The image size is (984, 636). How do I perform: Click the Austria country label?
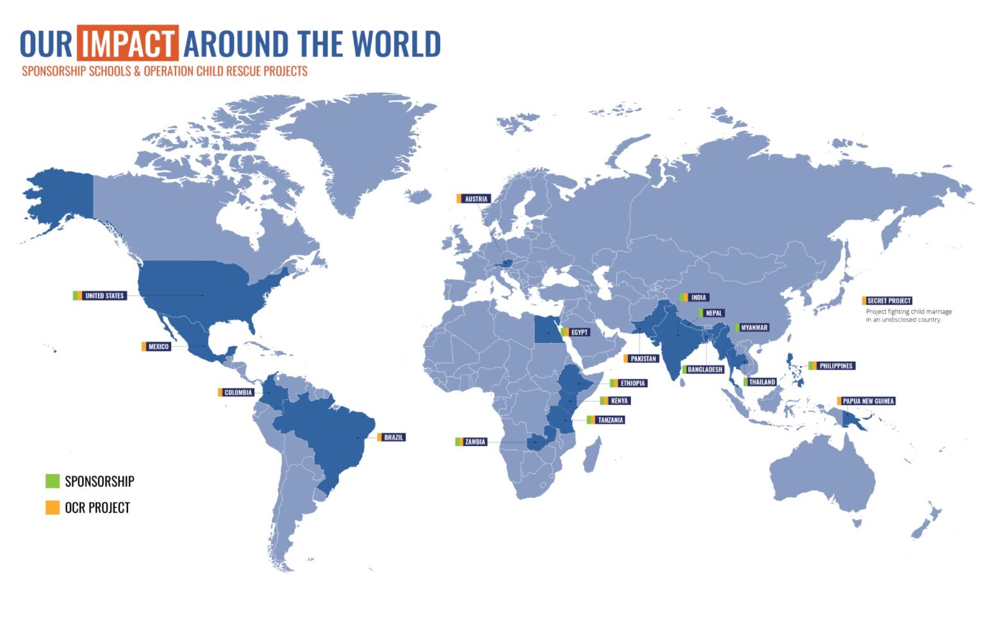[x=475, y=199]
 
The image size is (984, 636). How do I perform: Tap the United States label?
[x=104, y=296]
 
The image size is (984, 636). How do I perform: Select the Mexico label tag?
[x=158, y=347]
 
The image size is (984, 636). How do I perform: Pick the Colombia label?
[x=238, y=392]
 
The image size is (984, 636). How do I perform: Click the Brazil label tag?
[x=393, y=438]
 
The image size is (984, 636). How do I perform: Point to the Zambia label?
[x=475, y=442]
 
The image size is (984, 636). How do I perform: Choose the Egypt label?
[x=578, y=332]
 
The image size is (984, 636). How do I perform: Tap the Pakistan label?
[x=643, y=359]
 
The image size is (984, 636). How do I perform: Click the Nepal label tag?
[x=714, y=313]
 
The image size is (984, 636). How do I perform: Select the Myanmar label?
[x=754, y=328]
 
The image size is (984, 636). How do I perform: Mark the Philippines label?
[x=835, y=366]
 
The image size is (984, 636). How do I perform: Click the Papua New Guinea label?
[x=867, y=401]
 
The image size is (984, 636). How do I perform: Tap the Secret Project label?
[x=889, y=301]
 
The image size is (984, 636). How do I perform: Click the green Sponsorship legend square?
[x=53, y=481]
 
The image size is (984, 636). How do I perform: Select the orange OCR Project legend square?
[x=53, y=507]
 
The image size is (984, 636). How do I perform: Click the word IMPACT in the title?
[x=127, y=44]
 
